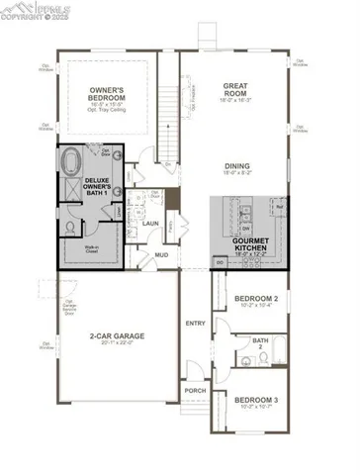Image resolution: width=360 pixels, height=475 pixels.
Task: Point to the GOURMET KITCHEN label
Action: pyautogui.click(x=251, y=243)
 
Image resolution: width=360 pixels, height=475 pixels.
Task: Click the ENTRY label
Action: pyautogui.click(x=194, y=323)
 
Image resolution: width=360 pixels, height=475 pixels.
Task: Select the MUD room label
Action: pyautogui.click(x=161, y=254)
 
